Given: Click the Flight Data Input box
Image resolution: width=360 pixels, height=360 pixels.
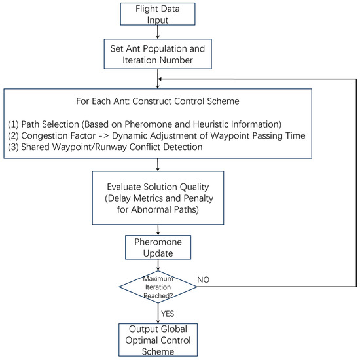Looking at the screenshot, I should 157,14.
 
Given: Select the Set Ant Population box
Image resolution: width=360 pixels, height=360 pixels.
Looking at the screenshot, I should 157,53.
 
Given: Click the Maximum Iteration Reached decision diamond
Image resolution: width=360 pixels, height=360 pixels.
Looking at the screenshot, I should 158,287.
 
